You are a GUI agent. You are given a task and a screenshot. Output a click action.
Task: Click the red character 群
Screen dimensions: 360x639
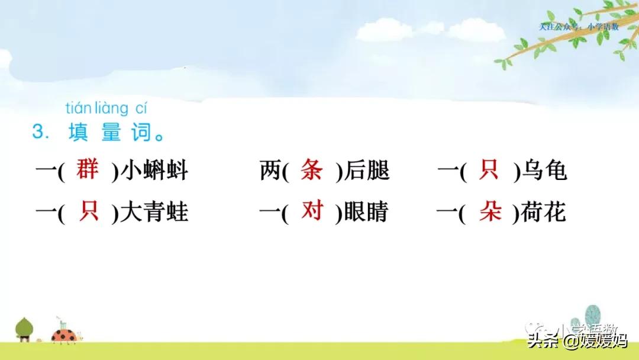(88, 171)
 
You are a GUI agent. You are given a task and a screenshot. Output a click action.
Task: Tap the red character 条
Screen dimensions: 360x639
(312, 171)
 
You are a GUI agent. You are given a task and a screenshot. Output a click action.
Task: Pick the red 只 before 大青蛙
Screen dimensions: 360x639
(89, 211)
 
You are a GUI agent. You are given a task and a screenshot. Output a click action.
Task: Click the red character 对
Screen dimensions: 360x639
(312, 211)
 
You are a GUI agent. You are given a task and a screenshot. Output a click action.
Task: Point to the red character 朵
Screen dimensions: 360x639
(490, 211)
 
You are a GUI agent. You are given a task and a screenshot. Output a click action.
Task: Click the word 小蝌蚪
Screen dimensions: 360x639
(154, 171)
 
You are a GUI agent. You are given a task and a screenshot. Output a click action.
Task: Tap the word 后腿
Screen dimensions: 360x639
(367, 171)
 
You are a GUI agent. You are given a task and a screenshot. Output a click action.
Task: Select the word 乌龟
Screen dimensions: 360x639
(544, 171)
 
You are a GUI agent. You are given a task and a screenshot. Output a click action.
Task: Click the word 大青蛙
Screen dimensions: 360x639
(154, 212)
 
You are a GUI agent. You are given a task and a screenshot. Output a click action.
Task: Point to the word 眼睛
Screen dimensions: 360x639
(367, 212)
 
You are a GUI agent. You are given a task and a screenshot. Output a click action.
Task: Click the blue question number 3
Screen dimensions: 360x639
(38, 131)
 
